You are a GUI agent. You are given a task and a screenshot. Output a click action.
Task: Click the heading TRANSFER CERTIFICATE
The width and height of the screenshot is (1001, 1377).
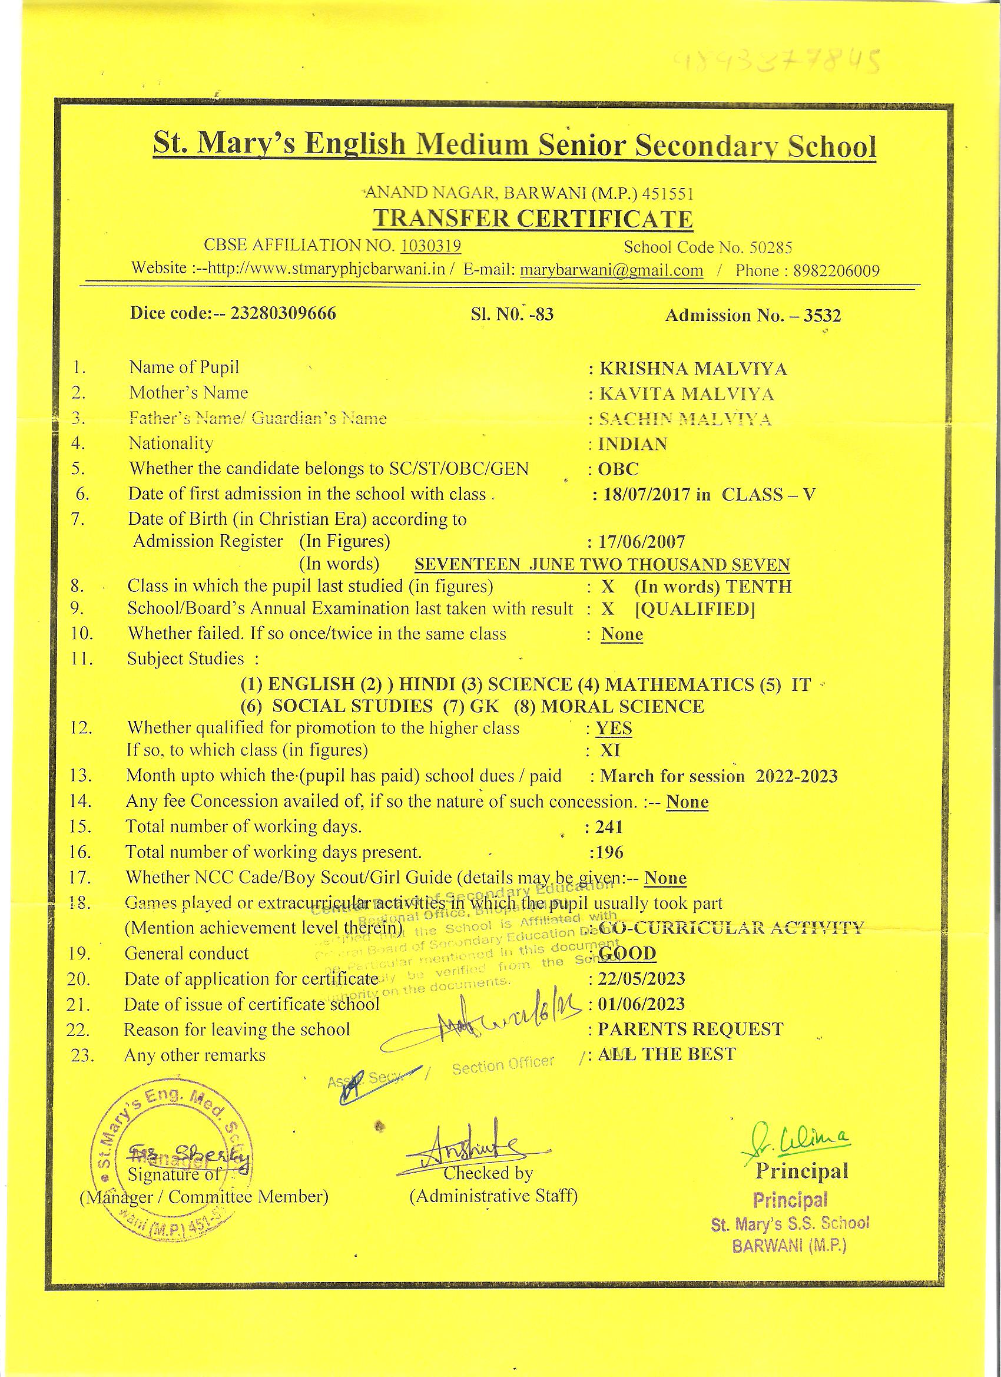[532, 219]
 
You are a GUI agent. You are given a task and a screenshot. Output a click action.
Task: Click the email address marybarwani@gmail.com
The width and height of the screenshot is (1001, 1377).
[611, 270]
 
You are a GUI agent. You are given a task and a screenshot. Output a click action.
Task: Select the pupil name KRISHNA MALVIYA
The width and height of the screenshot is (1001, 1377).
[692, 369]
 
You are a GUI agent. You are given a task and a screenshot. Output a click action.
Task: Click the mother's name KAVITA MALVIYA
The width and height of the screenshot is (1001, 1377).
[687, 394]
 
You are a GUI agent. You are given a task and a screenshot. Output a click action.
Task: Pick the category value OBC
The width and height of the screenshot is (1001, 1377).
[619, 469]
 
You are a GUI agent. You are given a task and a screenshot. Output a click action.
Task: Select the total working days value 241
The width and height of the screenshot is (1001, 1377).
[609, 826]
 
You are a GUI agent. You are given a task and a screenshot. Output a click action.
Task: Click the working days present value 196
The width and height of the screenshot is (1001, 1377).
[609, 852]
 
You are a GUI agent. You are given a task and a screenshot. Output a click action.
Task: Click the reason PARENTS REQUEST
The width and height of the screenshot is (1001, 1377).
[690, 1029]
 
